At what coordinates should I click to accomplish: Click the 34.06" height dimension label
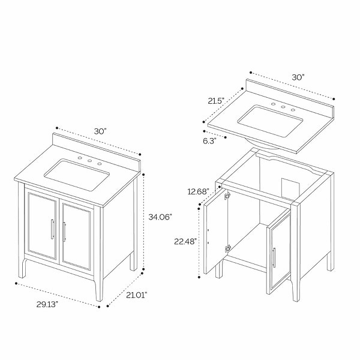[x=160, y=217]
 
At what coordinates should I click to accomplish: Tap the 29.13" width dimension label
[x=47, y=304]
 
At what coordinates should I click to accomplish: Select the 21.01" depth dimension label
[x=136, y=295]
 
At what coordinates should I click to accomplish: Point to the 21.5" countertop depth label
[x=216, y=101]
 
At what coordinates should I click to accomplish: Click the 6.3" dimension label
[x=209, y=141]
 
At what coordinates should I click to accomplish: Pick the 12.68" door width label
[x=198, y=191]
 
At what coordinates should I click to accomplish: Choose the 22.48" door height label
[x=185, y=241]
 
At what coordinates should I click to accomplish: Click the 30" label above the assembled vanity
[x=100, y=131]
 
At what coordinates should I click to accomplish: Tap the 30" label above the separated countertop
[x=298, y=77]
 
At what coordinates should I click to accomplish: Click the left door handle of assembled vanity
[x=52, y=229]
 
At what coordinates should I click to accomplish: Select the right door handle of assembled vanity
[x=64, y=232]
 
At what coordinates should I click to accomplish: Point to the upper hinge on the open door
[x=227, y=195]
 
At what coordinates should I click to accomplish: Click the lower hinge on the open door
[x=227, y=248]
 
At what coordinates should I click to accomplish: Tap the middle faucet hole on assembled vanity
[x=90, y=161]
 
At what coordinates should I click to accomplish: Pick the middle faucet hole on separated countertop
[x=283, y=107]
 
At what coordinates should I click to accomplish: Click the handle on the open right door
[x=274, y=257]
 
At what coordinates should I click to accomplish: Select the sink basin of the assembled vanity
[x=76, y=175]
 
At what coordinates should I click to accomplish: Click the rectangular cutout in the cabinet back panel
[x=290, y=188]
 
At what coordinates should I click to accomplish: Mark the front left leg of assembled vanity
[x=22, y=268]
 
